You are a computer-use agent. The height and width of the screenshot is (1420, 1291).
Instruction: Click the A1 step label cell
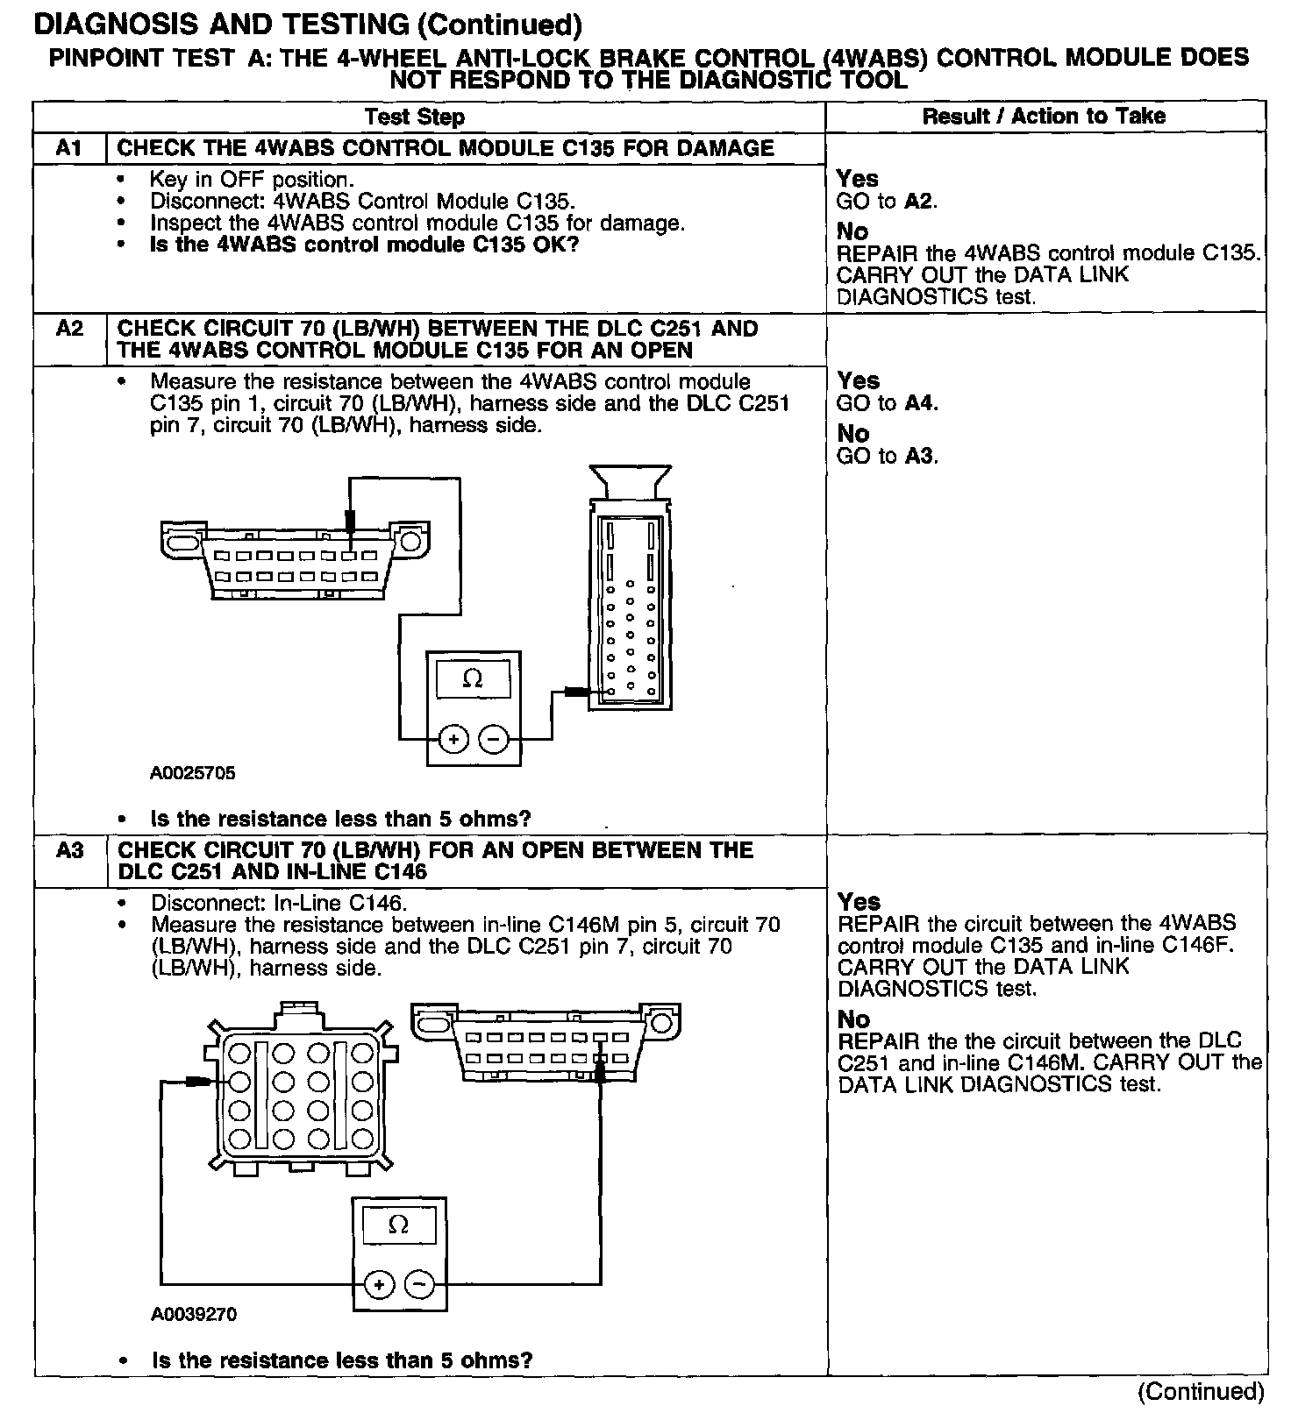(x=68, y=148)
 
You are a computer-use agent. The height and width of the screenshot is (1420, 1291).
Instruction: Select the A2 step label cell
(x=68, y=329)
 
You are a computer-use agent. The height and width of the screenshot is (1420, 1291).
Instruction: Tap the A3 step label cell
(x=68, y=850)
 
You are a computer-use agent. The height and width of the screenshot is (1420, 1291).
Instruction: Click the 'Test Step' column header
(x=415, y=117)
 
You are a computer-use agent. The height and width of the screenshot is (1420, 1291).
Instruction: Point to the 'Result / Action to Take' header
(x=1044, y=117)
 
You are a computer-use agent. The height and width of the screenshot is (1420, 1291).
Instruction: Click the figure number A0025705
(x=192, y=773)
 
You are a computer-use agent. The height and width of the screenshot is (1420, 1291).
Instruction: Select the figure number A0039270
(x=194, y=1314)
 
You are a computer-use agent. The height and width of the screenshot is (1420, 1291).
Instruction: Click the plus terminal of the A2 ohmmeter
(x=453, y=741)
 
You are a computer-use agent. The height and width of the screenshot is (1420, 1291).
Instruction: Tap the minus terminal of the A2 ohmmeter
(x=494, y=741)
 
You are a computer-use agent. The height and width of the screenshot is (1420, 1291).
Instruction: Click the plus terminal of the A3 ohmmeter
(x=379, y=1285)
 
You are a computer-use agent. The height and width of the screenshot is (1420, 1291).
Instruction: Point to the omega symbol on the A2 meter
(x=473, y=678)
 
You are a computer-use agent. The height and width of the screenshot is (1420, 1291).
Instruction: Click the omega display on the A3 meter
(x=398, y=1225)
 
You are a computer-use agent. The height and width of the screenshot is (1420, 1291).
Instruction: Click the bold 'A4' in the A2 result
(x=919, y=403)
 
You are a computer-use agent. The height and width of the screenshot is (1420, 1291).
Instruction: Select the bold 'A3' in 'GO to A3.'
(x=919, y=456)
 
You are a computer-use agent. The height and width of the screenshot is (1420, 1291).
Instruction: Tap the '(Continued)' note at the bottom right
(x=1201, y=1391)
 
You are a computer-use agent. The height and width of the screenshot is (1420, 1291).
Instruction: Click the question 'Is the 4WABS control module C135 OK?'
(x=364, y=245)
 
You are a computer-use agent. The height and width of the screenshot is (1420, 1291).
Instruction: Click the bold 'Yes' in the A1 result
(x=857, y=179)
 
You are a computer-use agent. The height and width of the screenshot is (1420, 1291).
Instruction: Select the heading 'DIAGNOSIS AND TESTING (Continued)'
(x=307, y=25)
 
